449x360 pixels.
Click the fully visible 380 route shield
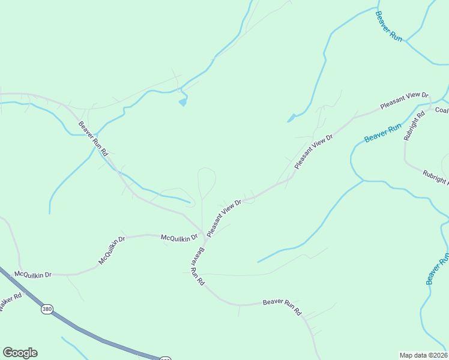click(47, 309)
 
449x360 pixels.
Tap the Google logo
click(20, 353)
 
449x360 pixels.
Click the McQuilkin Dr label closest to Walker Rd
click(33, 274)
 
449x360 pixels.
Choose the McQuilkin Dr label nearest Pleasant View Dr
click(179, 238)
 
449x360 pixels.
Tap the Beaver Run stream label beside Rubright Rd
click(382, 133)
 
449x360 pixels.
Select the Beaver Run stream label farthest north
click(389, 25)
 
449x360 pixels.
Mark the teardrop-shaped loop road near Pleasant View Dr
click(206, 180)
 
